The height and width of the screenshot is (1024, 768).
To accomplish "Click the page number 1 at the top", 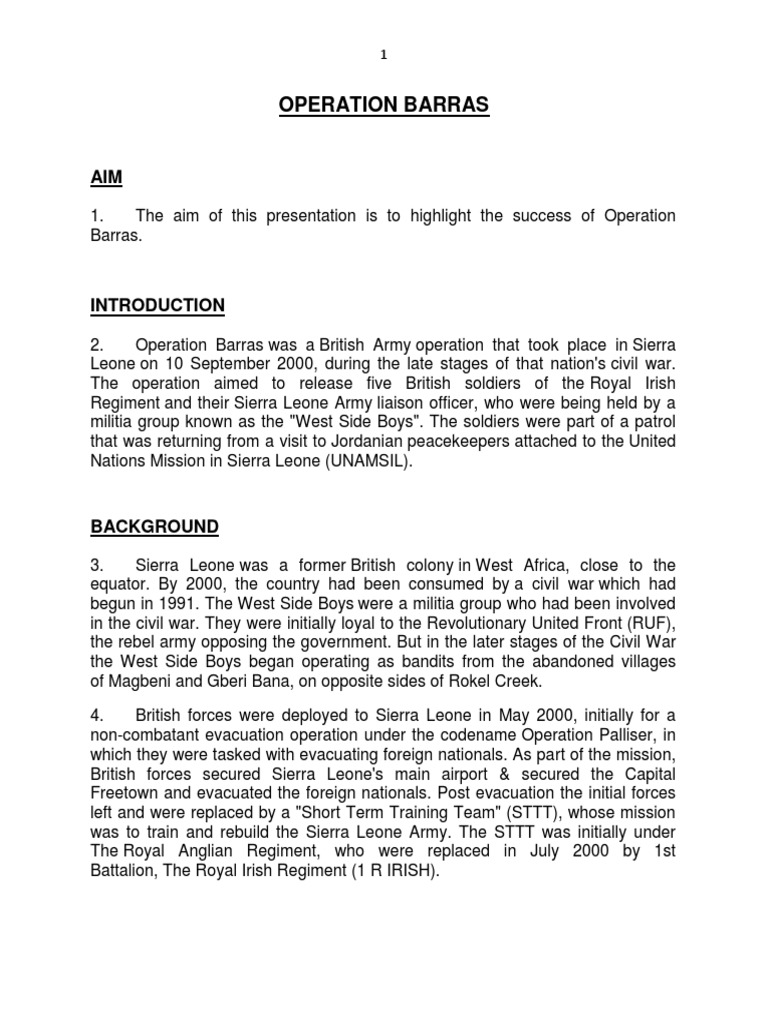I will [384, 55].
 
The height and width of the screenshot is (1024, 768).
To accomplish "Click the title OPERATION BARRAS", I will [384, 105].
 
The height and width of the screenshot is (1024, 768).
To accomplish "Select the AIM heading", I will [107, 177].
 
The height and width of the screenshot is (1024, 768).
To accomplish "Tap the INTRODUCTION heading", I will [158, 305].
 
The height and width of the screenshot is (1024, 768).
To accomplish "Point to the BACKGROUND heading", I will [155, 526].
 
